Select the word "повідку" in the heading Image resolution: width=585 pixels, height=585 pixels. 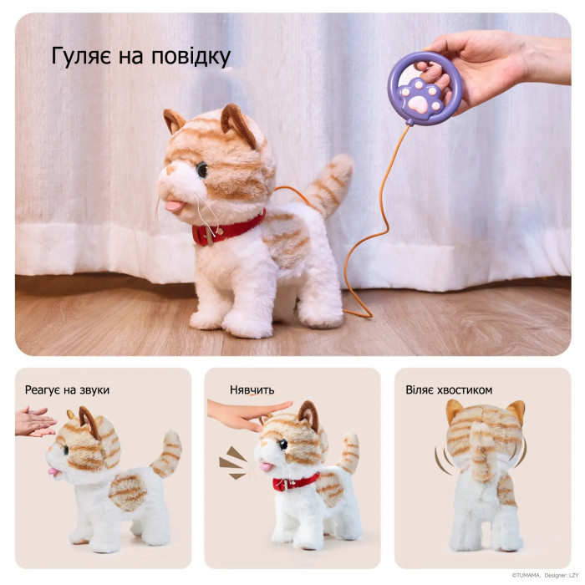[191, 57]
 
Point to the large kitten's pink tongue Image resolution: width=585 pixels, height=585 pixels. [173, 206]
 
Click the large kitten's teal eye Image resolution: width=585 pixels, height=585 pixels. [202, 170]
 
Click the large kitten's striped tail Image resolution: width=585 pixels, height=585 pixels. [328, 185]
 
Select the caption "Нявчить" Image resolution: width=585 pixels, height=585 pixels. [252, 390]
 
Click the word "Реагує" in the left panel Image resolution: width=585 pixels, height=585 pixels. [42, 390]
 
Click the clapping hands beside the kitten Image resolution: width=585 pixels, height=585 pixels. [34, 421]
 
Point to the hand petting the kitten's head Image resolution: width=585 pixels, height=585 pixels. [247, 415]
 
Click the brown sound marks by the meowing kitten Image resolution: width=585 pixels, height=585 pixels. [233, 462]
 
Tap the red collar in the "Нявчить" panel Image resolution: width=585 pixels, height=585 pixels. [296, 482]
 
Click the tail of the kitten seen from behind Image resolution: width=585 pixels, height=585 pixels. [483, 452]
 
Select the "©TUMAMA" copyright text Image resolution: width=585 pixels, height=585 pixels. [526, 576]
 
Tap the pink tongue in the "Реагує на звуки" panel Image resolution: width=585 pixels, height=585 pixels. [53, 471]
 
